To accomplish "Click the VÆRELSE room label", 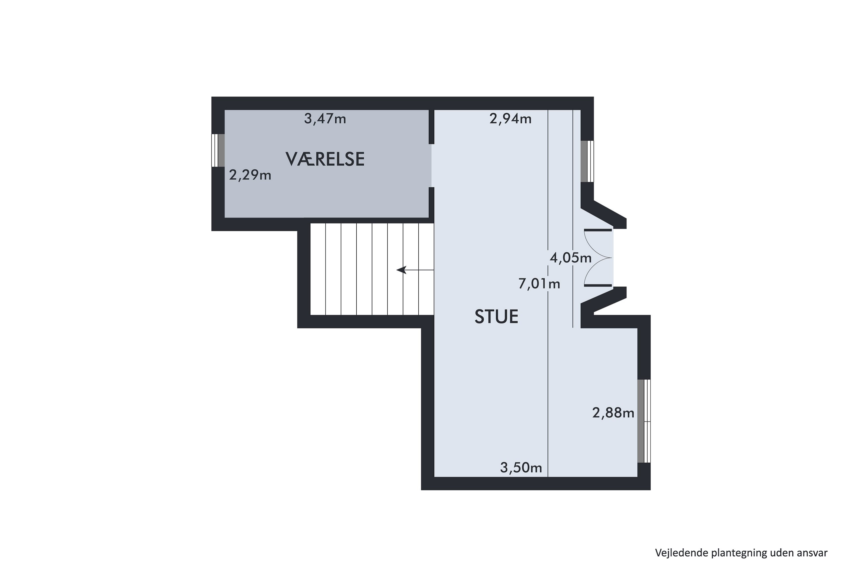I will [x=325, y=159].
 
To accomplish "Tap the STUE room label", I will [x=496, y=317].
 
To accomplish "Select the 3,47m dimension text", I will [x=325, y=119].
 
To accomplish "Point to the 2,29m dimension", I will [x=250, y=175].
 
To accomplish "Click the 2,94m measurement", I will [x=510, y=119].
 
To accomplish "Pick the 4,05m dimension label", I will [x=570, y=258].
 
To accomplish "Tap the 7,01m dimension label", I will [x=539, y=284].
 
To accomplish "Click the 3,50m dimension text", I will [x=521, y=468].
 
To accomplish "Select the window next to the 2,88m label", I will [x=644, y=421].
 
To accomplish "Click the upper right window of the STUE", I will [x=587, y=161].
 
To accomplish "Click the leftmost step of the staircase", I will [x=318, y=269].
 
